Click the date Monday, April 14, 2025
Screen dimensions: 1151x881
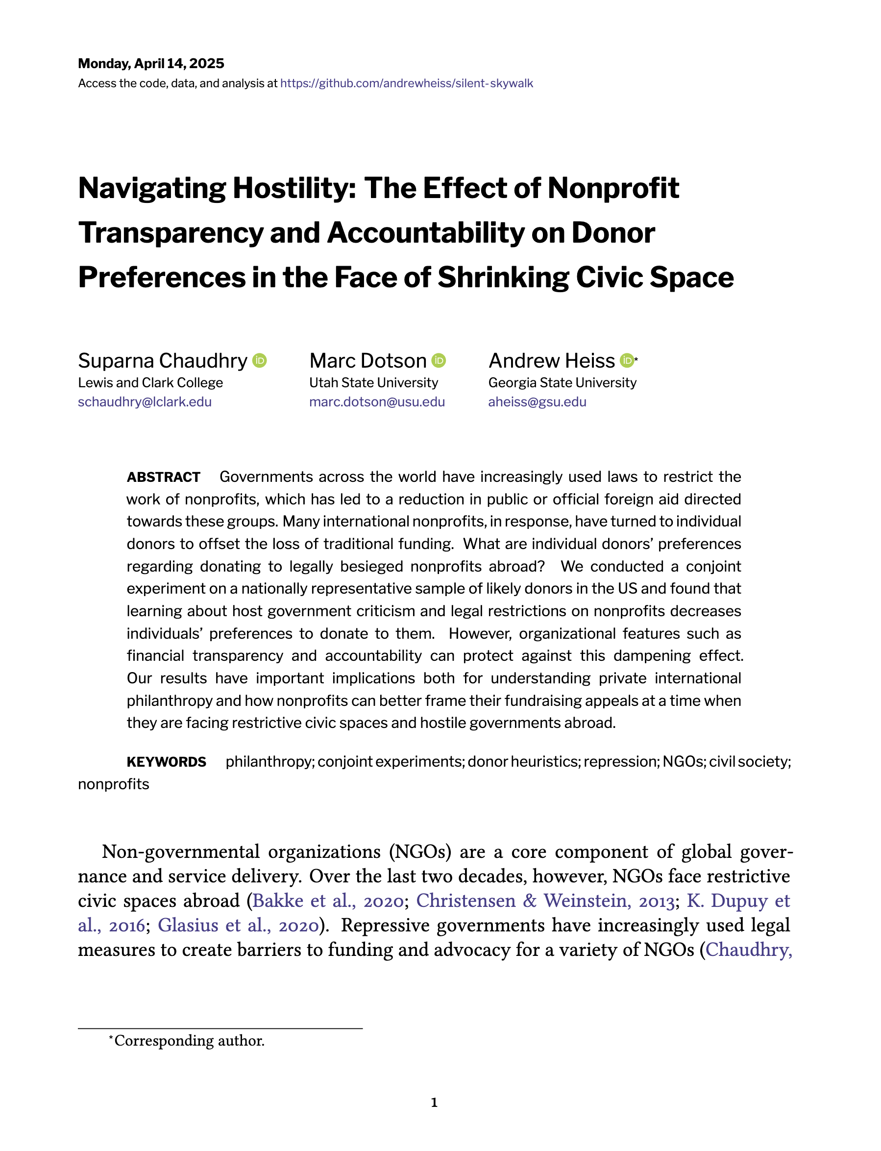pyautogui.click(x=151, y=63)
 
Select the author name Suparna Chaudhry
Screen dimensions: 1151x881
pyautogui.click(x=163, y=360)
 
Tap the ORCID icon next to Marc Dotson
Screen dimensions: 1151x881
pyautogui.click(x=439, y=360)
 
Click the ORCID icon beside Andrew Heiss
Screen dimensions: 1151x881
pyautogui.click(x=627, y=360)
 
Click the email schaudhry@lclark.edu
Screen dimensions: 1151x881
pyautogui.click(x=145, y=402)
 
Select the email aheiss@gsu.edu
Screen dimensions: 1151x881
pyautogui.click(x=537, y=402)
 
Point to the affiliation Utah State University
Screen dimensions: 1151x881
pyautogui.click(x=373, y=382)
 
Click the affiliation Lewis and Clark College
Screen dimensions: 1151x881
pyautogui.click(x=150, y=382)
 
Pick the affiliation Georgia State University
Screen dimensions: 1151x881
pyautogui.click(x=562, y=382)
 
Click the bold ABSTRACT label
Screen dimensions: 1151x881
pyautogui.click(x=164, y=477)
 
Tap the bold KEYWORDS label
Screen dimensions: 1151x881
pyautogui.click(x=166, y=762)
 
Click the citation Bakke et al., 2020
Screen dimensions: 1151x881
pyautogui.click(x=328, y=900)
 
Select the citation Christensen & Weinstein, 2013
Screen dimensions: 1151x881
pyautogui.click(x=545, y=900)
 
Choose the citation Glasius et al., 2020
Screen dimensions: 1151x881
pyautogui.click(x=238, y=925)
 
